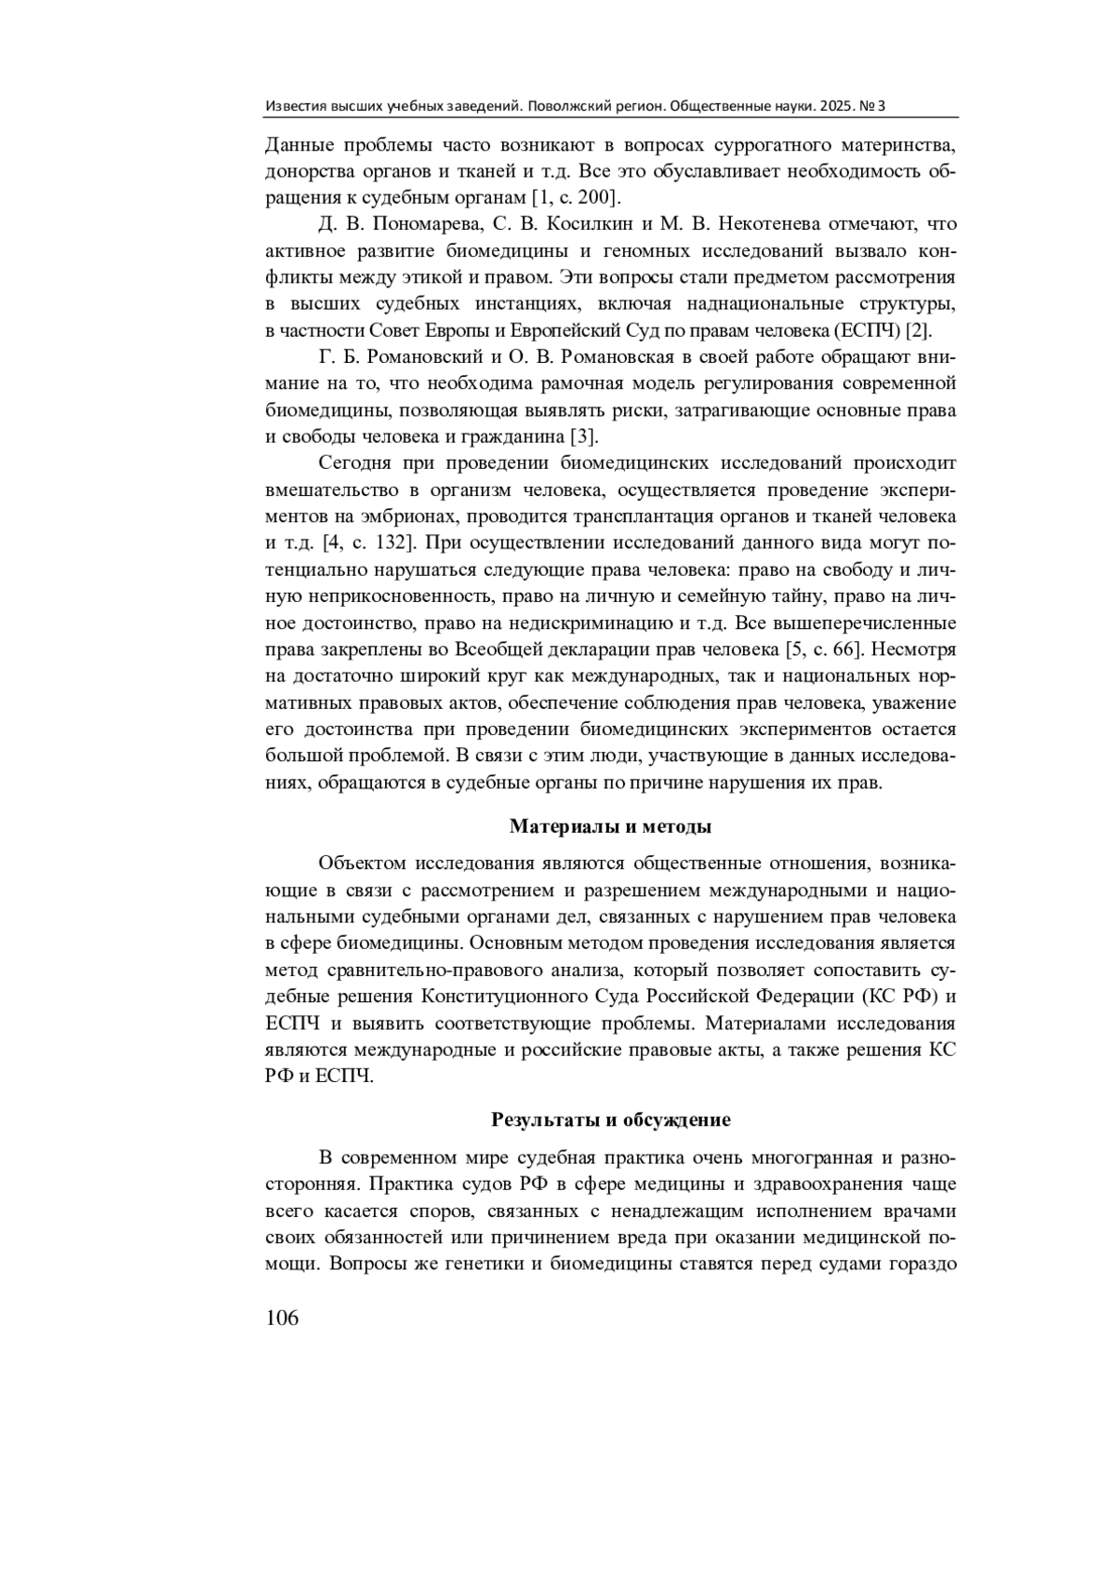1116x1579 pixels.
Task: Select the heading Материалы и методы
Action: tap(610, 825)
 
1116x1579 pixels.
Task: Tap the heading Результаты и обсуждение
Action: tap(610, 1118)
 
